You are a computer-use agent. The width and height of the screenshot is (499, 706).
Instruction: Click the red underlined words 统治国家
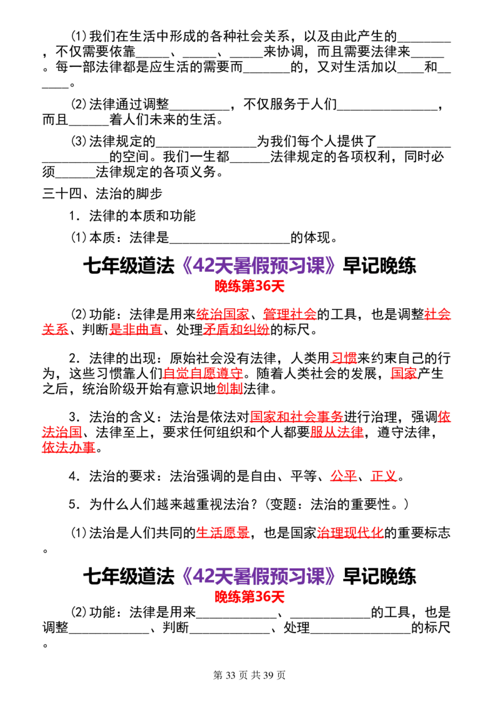pyautogui.click(x=223, y=314)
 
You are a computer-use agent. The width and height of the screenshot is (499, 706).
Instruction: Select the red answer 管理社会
pyautogui.click(x=289, y=314)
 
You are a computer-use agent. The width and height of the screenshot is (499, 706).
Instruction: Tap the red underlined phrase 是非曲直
pyautogui.click(x=135, y=329)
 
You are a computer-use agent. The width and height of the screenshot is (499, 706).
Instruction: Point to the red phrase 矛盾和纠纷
pyautogui.click(x=236, y=329)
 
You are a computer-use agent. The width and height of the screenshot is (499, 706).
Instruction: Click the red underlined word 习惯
pyautogui.click(x=344, y=359)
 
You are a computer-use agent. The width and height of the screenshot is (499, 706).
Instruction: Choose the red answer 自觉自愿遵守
pyautogui.click(x=203, y=374)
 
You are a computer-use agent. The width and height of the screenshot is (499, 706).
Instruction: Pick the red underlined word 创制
pyautogui.click(x=230, y=389)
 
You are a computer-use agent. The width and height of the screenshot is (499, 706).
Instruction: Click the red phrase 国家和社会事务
pyautogui.click(x=296, y=417)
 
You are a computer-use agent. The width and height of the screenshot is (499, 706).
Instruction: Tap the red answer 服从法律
pyautogui.click(x=337, y=432)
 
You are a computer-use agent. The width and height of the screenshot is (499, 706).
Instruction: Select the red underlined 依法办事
pyautogui.click(x=69, y=448)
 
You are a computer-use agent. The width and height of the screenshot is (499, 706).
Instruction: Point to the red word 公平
pyautogui.click(x=344, y=476)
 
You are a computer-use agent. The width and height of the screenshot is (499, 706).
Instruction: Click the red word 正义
pyautogui.click(x=384, y=476)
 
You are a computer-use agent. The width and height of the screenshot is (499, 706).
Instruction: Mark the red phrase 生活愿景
pyautogui.click(x=223, y=533)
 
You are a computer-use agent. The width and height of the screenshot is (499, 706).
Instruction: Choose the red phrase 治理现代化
pyautogui.click(x=350, y=533)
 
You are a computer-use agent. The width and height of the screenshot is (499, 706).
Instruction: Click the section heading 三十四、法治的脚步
pyautogui.click(x=102, y=194)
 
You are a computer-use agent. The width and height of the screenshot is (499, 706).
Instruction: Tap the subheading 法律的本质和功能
pyautogui.click(x=142, y=216)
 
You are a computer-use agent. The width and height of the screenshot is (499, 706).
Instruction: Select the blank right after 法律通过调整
pyautogui.click(x=200, y=109)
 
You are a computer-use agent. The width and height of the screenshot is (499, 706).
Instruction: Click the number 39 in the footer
pyautogui.click(x=268, y=675)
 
